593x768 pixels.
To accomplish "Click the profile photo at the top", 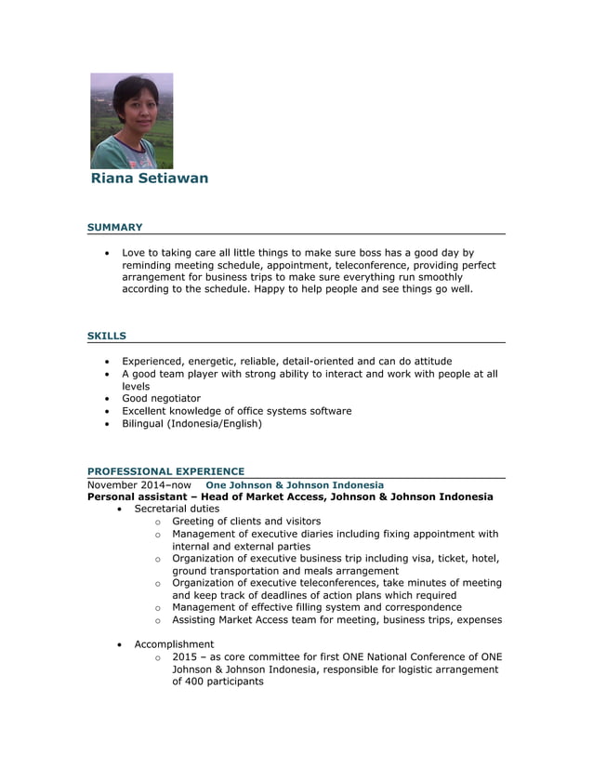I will [x=131, y=121].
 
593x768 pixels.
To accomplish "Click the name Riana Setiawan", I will [x=150, y=179].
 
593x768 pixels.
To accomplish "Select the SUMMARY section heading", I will [x=114, y=227].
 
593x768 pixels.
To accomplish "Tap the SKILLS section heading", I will [x=107, y=336].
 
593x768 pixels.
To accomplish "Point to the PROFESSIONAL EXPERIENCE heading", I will [x=165, y=471].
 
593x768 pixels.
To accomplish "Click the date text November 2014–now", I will [x=139, y=485].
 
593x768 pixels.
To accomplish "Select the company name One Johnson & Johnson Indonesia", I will [x=294, y=485].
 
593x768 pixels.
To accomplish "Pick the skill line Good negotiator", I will [x=161, y=399].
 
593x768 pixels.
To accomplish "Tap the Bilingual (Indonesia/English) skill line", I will [x=191, y=424].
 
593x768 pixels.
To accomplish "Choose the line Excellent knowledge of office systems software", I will [x=236, y=411].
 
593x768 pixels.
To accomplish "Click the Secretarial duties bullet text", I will [x=177, y=510].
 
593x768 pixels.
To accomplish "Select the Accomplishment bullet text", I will [x=174, y=644].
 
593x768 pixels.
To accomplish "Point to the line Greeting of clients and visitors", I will [x=246, y=522].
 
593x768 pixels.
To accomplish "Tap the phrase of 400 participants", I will [x=217, y=682].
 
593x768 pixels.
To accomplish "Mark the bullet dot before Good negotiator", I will [x=109, y=399].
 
